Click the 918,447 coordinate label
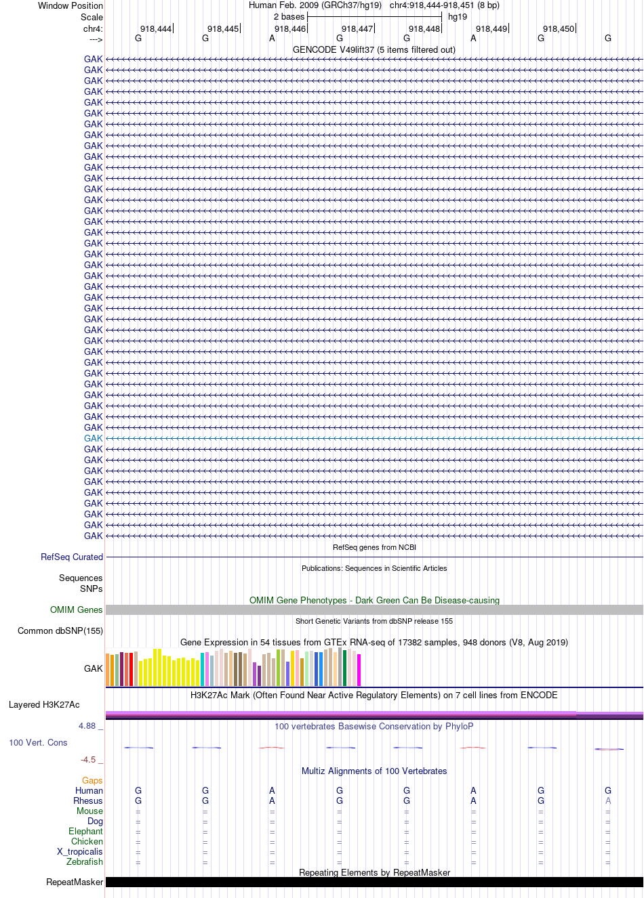click(357, 29)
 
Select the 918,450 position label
click(559, 29)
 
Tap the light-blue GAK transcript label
click(93, 438)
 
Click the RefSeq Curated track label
click(72, 557)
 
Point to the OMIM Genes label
click(76, 610)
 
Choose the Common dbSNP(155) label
click(60, 630)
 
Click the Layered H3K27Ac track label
click(44, 704)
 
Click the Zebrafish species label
click(85, 861)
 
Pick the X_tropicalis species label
click(80, 851)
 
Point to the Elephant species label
click(85, 831)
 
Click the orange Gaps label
click(92, 780)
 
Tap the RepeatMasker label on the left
click(75, 882)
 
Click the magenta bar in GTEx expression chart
click(359, 670)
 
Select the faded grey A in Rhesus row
click(608, 800)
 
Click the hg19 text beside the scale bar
click(458, 17)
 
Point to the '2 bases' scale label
click(289, 17)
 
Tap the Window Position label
click(71, 5)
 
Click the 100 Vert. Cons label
click(38, 742)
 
